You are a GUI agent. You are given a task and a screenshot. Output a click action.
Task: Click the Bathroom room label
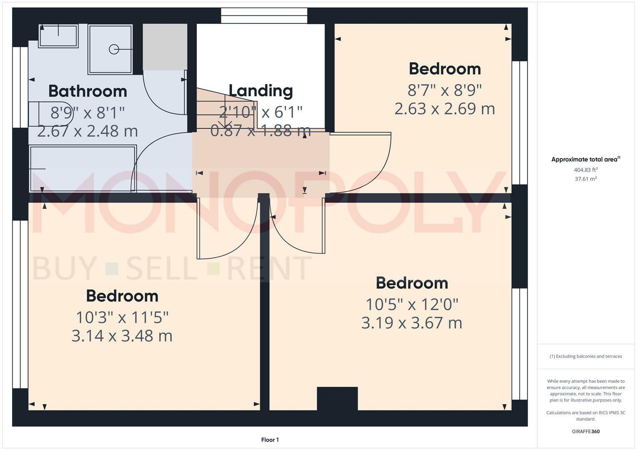pos(88,91)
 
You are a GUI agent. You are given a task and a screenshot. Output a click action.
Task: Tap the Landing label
pos(261,90)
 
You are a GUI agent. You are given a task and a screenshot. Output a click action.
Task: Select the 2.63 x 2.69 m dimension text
pos(444,109)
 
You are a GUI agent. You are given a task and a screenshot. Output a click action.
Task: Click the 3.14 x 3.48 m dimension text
pos(122,336)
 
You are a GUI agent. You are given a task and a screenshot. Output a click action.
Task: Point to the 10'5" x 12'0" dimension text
pos(412,305)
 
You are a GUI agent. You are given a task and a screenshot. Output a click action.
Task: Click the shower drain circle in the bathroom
pos(114,49)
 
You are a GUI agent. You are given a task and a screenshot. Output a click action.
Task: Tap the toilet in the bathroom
pos(50,113)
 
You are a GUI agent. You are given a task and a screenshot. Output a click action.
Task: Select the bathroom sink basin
pos(58,36)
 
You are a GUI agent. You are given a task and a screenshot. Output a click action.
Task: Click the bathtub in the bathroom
pos(83,168)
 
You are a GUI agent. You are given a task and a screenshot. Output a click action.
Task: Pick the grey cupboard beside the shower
pos(165,47)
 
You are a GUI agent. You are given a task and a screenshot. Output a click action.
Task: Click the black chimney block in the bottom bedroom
pos(337,398)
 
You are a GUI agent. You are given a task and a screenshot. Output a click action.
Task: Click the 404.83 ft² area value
pos(586,170)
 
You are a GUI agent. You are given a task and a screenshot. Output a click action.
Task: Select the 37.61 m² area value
pos(586,179)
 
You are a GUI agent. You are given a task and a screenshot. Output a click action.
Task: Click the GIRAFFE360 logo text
pos(586,431)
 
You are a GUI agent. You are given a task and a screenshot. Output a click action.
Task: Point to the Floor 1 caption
pos(270,440)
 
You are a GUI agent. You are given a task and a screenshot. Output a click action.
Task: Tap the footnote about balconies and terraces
pos(586,356)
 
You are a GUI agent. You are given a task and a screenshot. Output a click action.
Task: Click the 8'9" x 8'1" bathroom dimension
pos(88,112)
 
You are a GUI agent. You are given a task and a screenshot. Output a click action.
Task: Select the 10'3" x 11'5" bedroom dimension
pos(122,317)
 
